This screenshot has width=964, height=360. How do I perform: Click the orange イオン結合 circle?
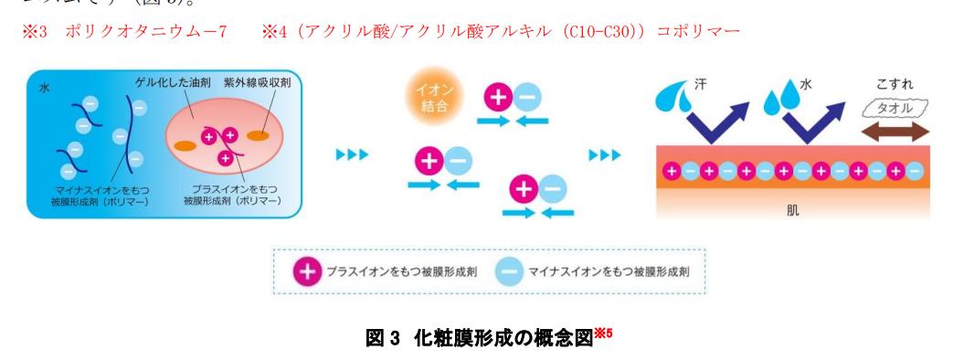pos(430,100)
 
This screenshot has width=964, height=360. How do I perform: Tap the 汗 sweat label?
pos(712,81)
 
